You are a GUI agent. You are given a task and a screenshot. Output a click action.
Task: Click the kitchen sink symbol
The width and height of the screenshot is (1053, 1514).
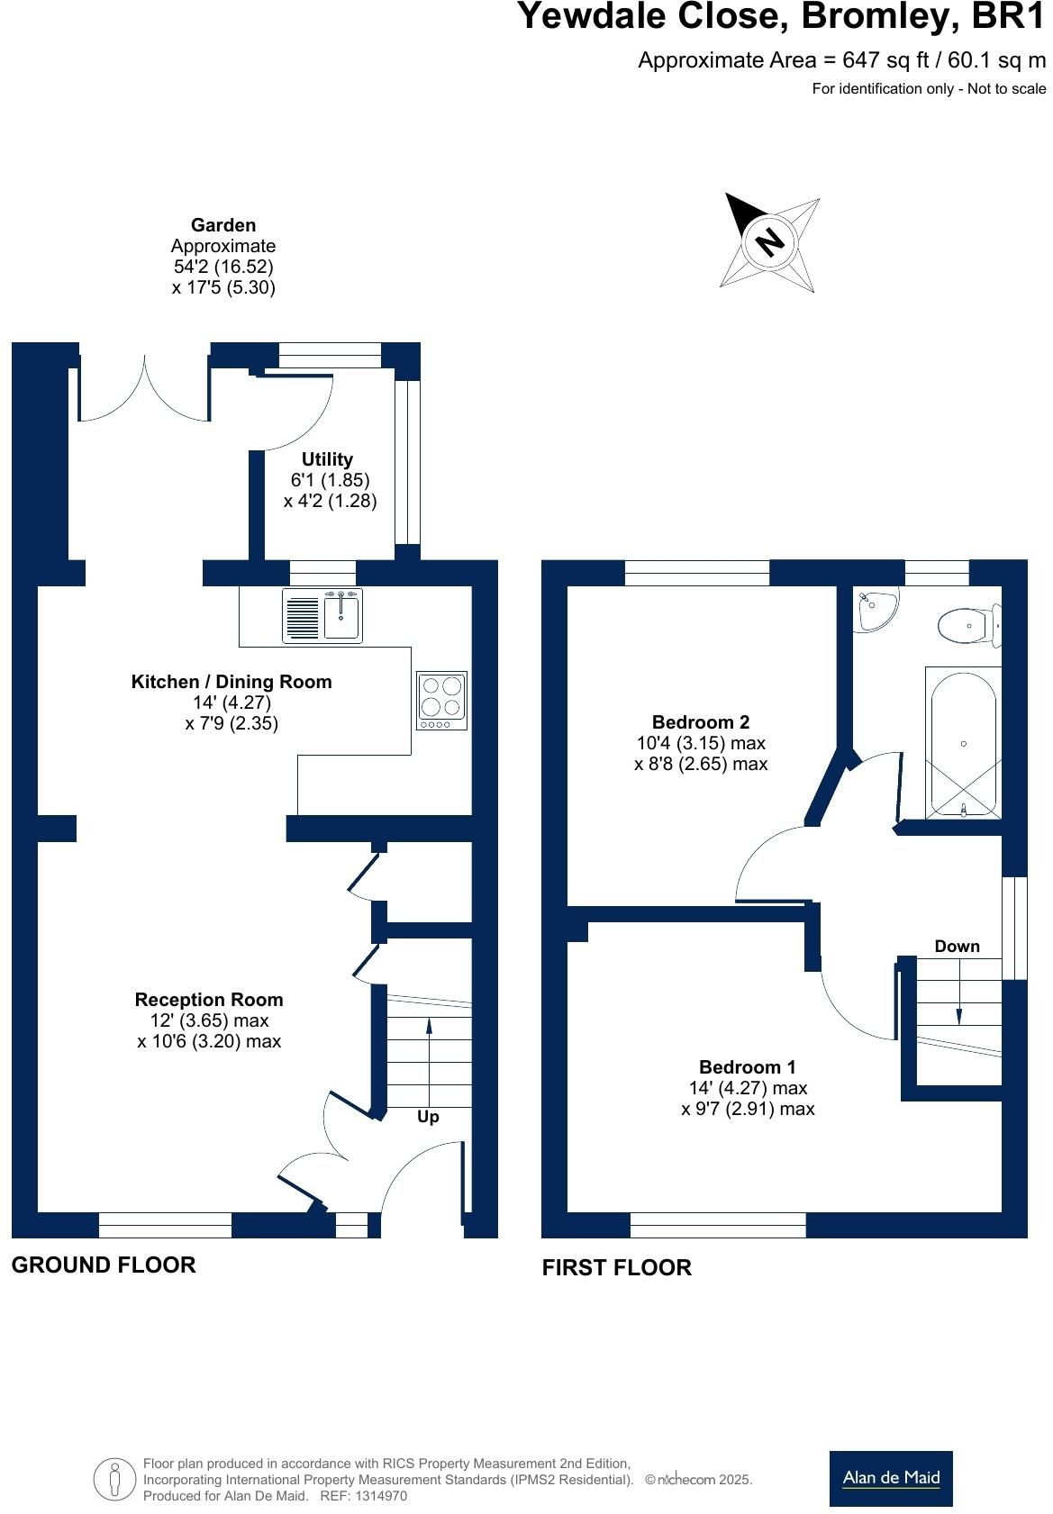click(322, 615)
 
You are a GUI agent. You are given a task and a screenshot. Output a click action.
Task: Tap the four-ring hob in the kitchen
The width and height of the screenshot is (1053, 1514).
click(441, 700)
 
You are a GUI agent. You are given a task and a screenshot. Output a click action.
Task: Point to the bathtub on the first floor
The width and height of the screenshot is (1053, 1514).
click(963, 742)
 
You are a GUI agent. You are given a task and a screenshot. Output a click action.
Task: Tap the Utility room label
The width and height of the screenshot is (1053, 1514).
click(327, 459)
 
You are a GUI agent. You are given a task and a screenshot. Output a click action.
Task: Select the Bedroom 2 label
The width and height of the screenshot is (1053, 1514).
click(700, 721)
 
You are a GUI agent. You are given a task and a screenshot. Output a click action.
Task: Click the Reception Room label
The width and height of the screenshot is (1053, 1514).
click(209, 1000)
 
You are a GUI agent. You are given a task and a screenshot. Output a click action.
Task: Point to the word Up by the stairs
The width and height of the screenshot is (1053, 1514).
click(428, 1117)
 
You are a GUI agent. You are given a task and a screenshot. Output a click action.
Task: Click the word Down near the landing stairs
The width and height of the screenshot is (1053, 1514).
click(957, 946)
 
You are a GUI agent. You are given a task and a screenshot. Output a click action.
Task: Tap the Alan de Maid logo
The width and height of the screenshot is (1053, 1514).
click(890, 1478)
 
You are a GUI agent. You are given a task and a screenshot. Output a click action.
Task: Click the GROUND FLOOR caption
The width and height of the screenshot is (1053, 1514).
click(104, 1265)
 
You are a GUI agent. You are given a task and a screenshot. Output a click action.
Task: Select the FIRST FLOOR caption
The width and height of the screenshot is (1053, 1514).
click(616, 1267)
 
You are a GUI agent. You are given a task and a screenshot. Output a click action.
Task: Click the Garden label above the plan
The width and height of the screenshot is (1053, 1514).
click(223, 225)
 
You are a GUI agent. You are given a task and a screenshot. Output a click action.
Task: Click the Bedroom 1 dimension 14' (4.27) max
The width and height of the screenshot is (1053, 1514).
click(747, 1088)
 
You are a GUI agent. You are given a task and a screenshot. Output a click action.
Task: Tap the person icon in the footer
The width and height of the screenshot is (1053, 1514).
click(114, 1480)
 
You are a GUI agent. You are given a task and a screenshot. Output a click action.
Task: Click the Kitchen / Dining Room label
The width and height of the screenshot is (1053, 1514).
click(231, 682)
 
